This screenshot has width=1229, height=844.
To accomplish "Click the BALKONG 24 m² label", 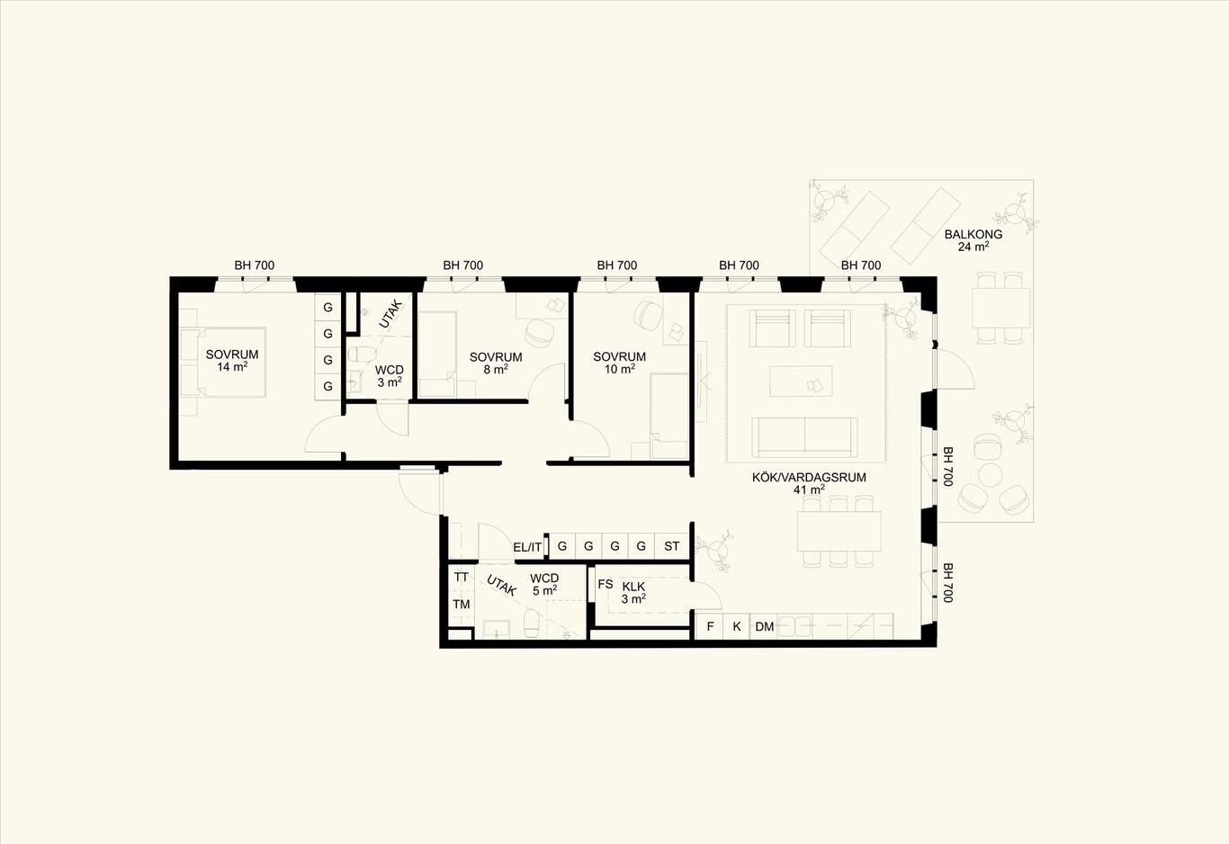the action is point(973,240).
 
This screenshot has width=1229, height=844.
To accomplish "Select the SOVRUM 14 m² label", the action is point(232,361).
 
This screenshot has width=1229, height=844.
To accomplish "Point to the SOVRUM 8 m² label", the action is point(496,364).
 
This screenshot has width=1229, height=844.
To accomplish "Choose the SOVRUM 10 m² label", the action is point(619,363).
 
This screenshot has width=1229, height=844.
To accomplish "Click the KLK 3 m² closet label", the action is point(633,593).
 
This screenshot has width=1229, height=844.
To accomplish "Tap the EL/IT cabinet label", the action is point(527,547).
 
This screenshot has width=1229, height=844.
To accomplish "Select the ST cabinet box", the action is point(671,546).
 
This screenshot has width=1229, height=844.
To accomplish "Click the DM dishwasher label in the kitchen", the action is point(764,626).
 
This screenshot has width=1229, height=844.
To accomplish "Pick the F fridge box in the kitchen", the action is point(709,626).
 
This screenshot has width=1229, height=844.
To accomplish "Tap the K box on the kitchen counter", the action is point(737,626).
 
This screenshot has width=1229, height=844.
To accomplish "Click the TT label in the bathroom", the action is point(462,578).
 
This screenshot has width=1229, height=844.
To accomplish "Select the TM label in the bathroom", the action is point(462,604).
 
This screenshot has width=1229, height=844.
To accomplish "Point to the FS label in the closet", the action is point(606,585).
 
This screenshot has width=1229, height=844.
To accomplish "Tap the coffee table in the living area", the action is point(801,382).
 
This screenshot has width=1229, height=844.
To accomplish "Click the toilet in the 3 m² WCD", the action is point(361,354).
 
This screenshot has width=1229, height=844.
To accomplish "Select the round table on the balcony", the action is point(991,475).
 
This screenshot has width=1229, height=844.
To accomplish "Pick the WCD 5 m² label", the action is point(543,585).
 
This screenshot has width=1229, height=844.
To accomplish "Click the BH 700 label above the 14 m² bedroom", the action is point(254,265).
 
